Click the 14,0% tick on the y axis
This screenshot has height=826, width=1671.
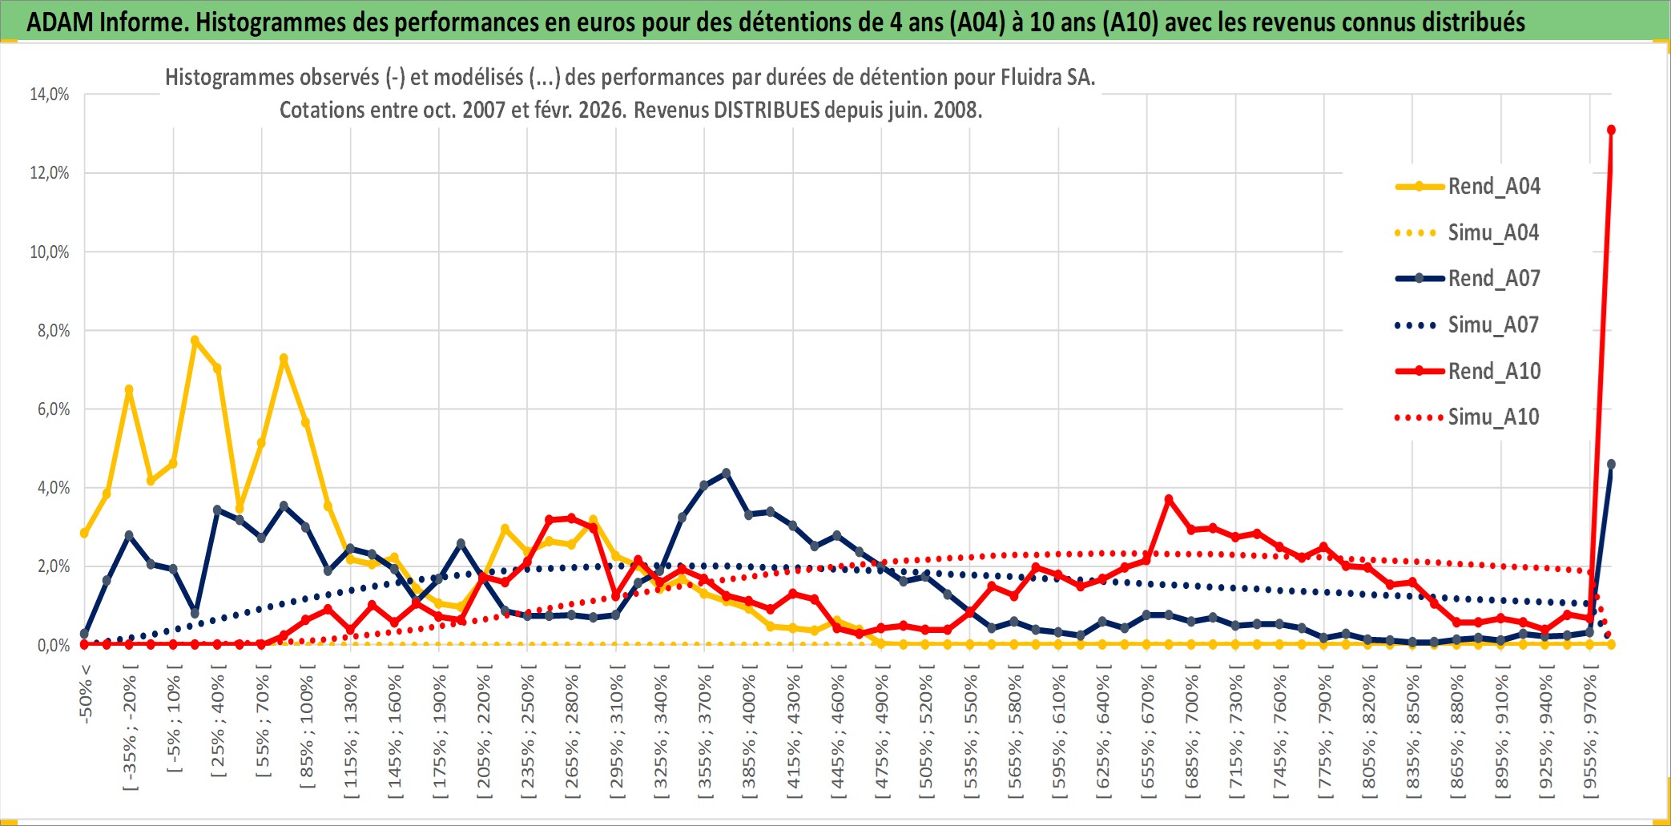[50, 95]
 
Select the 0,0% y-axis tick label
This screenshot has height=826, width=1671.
[53, 646]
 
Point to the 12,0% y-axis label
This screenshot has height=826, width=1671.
[50, 173]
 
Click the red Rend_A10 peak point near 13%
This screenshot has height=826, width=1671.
[1611, 130]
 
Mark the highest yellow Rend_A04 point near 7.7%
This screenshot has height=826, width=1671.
[195, 340]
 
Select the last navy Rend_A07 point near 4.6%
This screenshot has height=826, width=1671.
[1611, 465]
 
